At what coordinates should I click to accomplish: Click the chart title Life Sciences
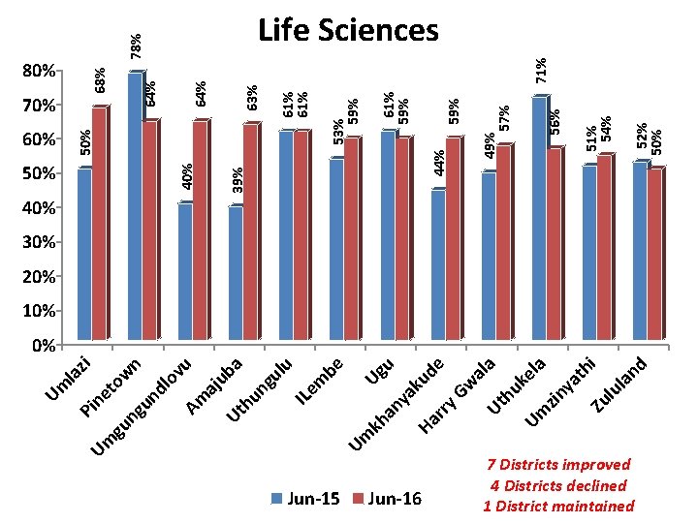348,30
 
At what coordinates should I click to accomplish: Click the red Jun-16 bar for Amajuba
250,233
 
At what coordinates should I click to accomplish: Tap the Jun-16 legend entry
388,499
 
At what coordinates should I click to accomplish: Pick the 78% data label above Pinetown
137,45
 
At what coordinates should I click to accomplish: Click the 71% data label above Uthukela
544,69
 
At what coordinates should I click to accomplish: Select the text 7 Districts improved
559,465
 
